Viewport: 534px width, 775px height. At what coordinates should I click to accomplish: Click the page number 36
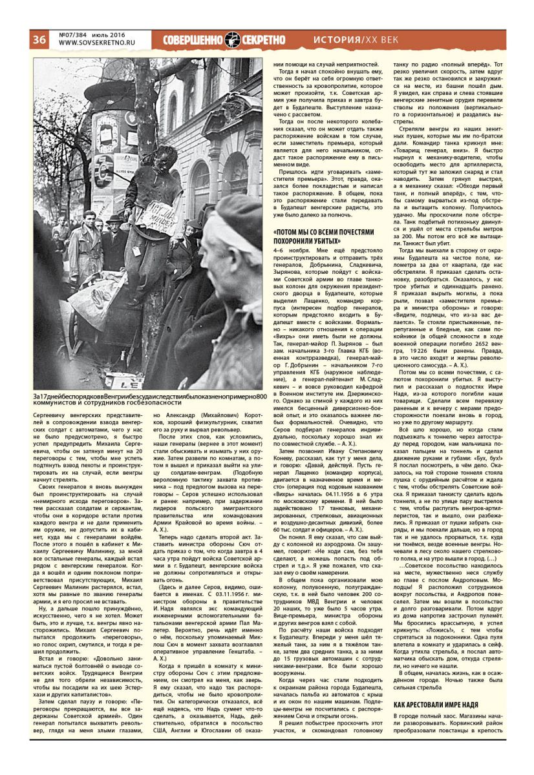39,39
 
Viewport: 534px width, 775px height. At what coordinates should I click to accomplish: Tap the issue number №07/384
74,34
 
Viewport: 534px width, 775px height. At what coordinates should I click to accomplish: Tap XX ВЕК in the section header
386,40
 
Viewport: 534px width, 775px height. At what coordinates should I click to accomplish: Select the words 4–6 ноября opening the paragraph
288,249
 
